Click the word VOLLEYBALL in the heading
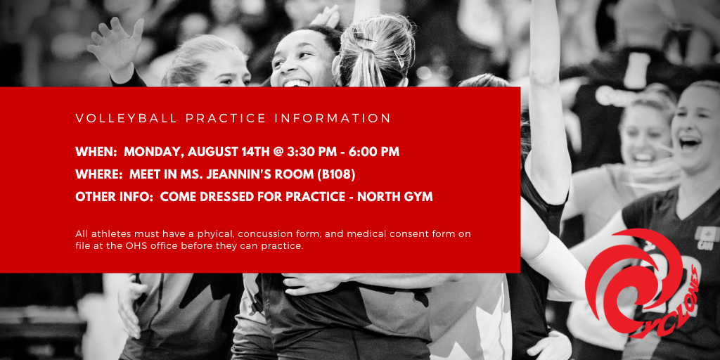tap(127, 118)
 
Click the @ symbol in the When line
tap(277, 152)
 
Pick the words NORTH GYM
tap(395, 197)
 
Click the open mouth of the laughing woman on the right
tap(688, 143)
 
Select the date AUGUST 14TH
tap(229, 152)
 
